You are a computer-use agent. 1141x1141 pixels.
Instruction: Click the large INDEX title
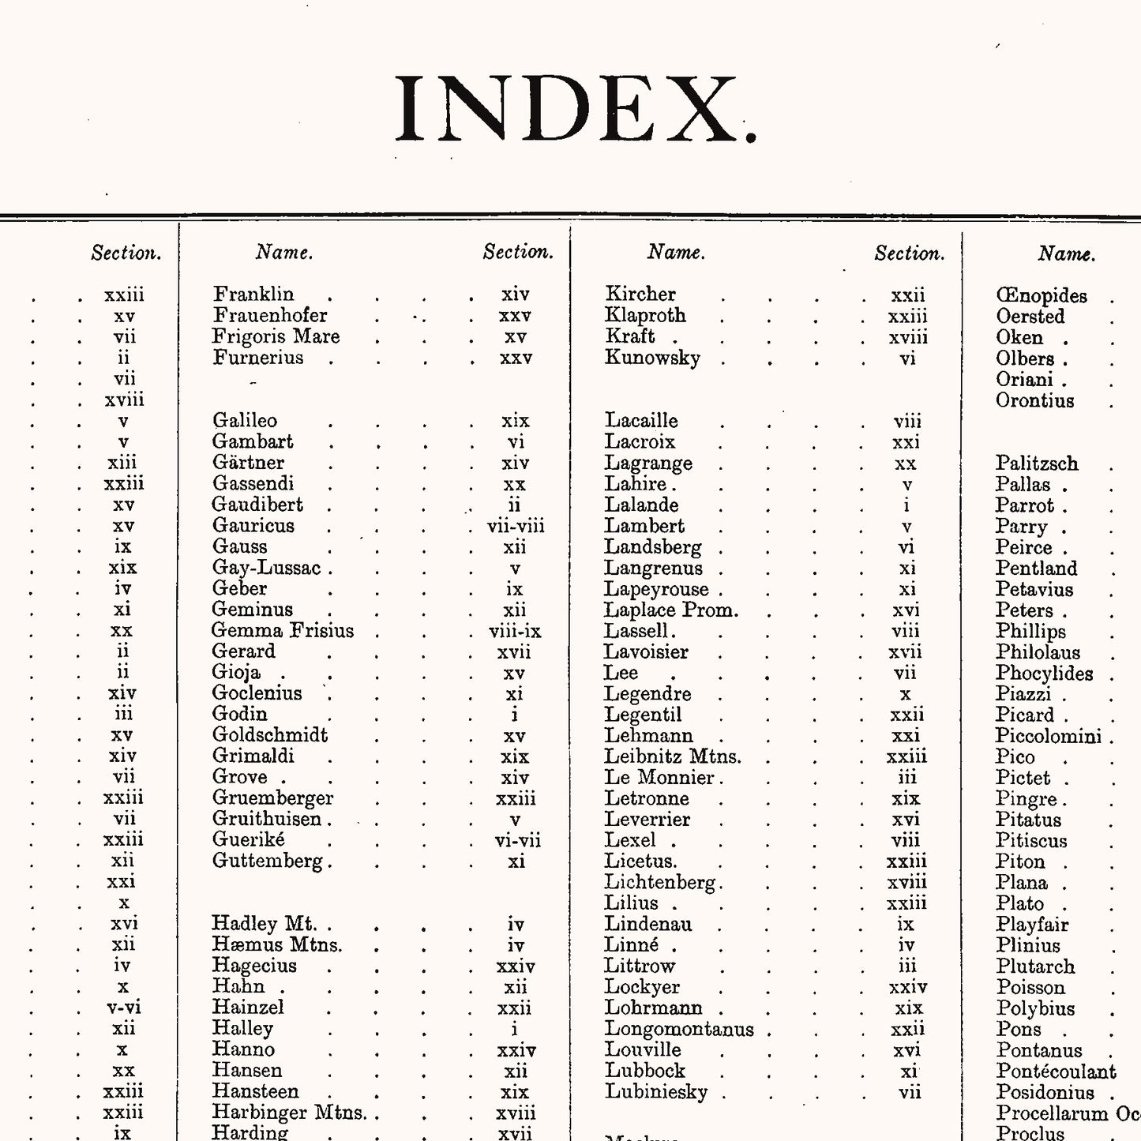click(x=575, y=110)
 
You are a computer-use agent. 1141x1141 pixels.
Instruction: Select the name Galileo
click(x=245, y=421)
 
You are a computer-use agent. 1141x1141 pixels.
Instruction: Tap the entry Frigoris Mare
click(x=276, y=336)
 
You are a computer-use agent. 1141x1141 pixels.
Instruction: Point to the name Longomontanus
click(x=679, y=1029)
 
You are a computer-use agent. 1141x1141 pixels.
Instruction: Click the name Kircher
click(x=640, y=295)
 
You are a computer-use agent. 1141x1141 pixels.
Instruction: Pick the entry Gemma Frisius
click(x=283, y=631)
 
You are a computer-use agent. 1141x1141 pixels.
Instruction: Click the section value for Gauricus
click(x=516, y=526)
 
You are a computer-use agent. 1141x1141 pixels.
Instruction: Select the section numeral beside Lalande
click(x=906, y=505)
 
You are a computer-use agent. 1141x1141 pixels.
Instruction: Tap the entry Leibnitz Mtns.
click(x=673, y=756)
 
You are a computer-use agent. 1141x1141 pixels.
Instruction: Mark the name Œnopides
click(x=1042, y=296)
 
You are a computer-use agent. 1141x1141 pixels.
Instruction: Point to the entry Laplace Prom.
click(x=671, y=610)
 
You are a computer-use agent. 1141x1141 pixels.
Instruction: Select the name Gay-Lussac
click(x=267, y=568)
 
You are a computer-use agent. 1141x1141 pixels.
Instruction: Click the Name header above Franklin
click(x=284, y=253)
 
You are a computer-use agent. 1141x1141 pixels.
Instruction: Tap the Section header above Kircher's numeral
click(x=909, y=253)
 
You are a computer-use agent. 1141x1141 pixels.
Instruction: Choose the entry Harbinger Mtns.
click(x=290, y=1113)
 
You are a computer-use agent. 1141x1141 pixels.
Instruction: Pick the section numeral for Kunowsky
click(x=907, y=358)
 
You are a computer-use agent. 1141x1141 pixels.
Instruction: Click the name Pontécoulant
click(x=1056, y=1072)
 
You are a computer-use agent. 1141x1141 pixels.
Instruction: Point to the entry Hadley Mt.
click(x=264, y=924)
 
